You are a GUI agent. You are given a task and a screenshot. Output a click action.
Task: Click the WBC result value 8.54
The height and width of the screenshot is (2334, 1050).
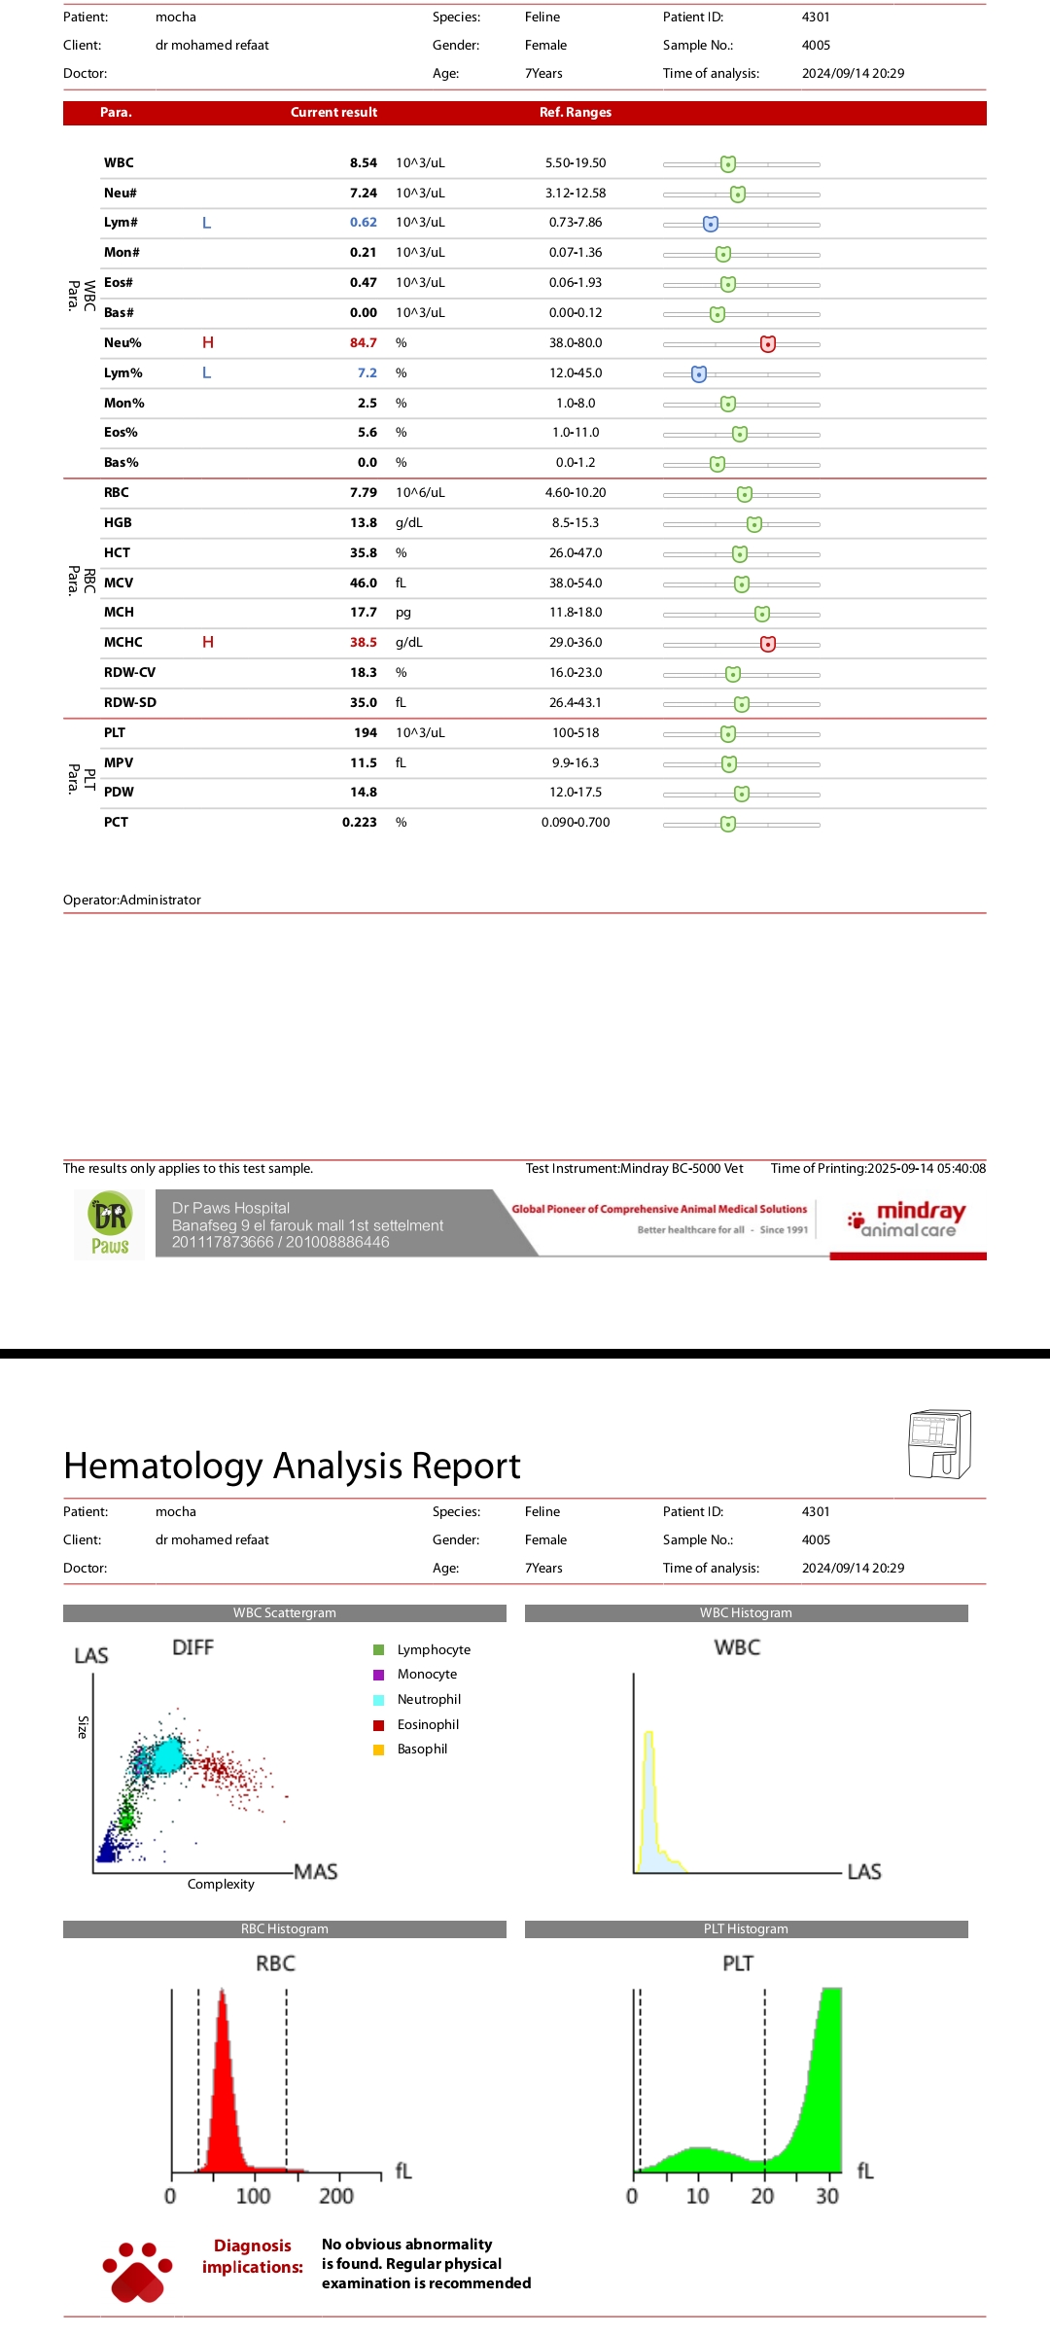[x=363, y=163]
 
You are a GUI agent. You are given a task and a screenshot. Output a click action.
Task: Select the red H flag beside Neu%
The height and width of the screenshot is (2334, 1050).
[x=208, y=342]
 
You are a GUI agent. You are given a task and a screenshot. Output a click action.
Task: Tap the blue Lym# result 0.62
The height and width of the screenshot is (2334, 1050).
[x=363, y=223]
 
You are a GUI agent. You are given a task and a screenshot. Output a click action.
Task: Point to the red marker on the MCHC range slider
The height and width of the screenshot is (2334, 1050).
[x=768, y=643]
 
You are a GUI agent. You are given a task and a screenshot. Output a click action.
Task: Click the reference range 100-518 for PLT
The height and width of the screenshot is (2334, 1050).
[x=576, y=733]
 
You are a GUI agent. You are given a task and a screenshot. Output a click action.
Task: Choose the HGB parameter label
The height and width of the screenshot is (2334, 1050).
[x=118, y=523]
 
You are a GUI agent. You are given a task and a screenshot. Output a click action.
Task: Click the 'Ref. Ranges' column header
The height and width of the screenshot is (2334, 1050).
[x=576, y=113]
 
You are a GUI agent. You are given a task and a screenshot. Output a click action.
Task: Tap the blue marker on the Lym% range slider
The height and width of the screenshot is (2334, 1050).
[x=699, y=374]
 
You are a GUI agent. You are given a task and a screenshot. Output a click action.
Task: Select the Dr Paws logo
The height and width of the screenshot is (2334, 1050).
[x=110, y=1224]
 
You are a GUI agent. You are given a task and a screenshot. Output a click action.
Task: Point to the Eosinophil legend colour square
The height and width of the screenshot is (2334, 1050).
[x=379, y=1724]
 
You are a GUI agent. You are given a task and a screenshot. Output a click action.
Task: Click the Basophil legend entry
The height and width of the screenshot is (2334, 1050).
[x=422, y=1750]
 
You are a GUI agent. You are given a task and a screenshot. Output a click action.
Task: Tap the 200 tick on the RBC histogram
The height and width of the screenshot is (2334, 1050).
[x=336, y=2196]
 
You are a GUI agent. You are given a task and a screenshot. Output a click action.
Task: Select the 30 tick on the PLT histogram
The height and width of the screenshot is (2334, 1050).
[x=827, y=2196]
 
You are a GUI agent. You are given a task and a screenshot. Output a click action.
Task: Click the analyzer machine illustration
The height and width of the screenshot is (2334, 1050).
[x=939, y=1444]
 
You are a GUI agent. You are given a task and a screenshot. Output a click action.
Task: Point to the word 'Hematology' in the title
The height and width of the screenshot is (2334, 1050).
[x=162, y=1466]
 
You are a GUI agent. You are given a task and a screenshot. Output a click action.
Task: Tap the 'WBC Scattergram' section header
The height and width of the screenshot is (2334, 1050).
[x=284, y=1613]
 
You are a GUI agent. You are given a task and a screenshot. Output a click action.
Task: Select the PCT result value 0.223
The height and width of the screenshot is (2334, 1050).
[x=359, y=823]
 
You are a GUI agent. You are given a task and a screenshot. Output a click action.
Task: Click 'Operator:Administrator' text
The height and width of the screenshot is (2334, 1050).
[x=132, y=901]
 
